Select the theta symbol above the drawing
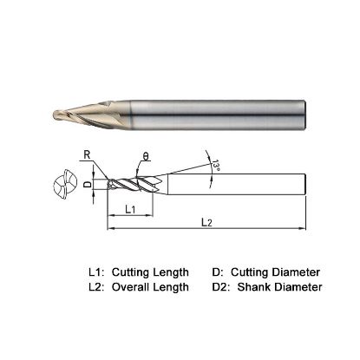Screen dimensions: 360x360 click(146, 157)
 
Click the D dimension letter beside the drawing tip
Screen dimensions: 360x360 click(86, 185)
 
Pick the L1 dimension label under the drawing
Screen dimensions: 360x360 click(129, 210)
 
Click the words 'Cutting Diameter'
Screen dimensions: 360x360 click(278, 272)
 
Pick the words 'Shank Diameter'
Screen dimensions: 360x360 click(282, 286)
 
